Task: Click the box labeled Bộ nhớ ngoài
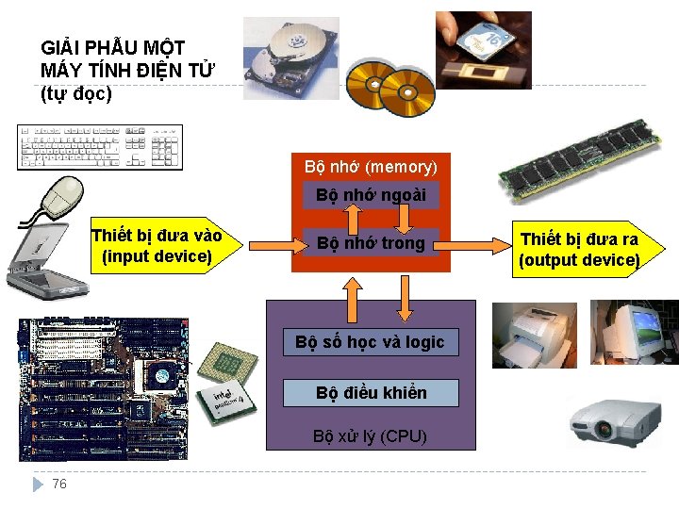pos(371,196)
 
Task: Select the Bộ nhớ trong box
pos(371,243)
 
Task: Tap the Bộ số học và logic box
pos(370,342)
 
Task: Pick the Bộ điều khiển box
pos(371,393)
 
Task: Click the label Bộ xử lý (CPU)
pos(371,436)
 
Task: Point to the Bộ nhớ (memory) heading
pos(371,167)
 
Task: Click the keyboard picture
pos(100,147)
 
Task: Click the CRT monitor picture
pos(635,331)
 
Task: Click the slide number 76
pos(59,484)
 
